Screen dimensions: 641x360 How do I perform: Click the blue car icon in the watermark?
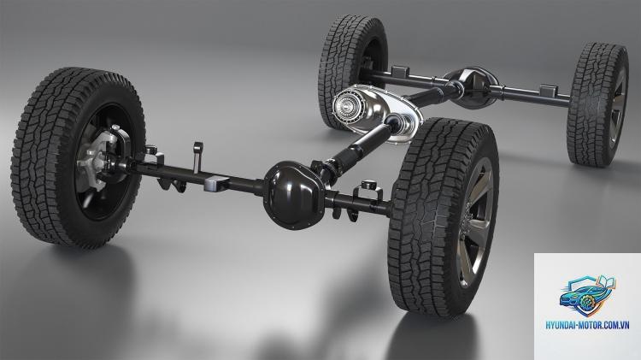click(587, 295)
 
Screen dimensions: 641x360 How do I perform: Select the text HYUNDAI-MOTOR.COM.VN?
click(587, 325)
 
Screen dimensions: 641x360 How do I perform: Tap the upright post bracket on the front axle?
click(198, 156)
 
